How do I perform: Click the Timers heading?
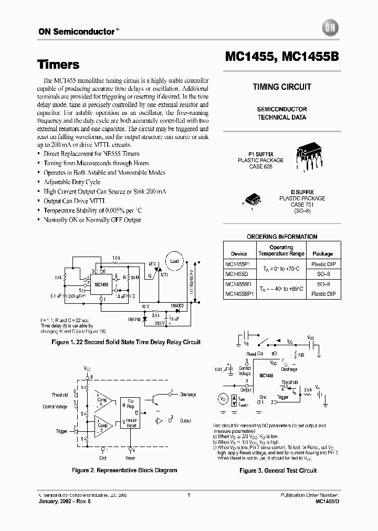pyautogui.click(x=58, y=65)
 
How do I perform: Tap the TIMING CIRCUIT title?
pyautogui.click(x=282, y=87)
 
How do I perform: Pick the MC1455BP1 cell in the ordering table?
pyautogui.click(x=239, y=293)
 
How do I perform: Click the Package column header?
pyautogui.click(x=323, y=253)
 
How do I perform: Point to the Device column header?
pyautogui.click(x=239, y=253)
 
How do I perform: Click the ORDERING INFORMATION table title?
pyautogui.click(x=282, y=237)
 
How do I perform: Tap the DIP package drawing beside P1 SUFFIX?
pyautogui.click(x=311, y=156)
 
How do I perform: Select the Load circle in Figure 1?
pyautogui.click(x=175, y=261)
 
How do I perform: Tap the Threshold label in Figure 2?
pyautogui.click(x=59, y=395)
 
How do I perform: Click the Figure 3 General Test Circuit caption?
pyautogui.click(x=278, y=471)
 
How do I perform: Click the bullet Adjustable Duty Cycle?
pyautogui.click(x=72, y=182)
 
